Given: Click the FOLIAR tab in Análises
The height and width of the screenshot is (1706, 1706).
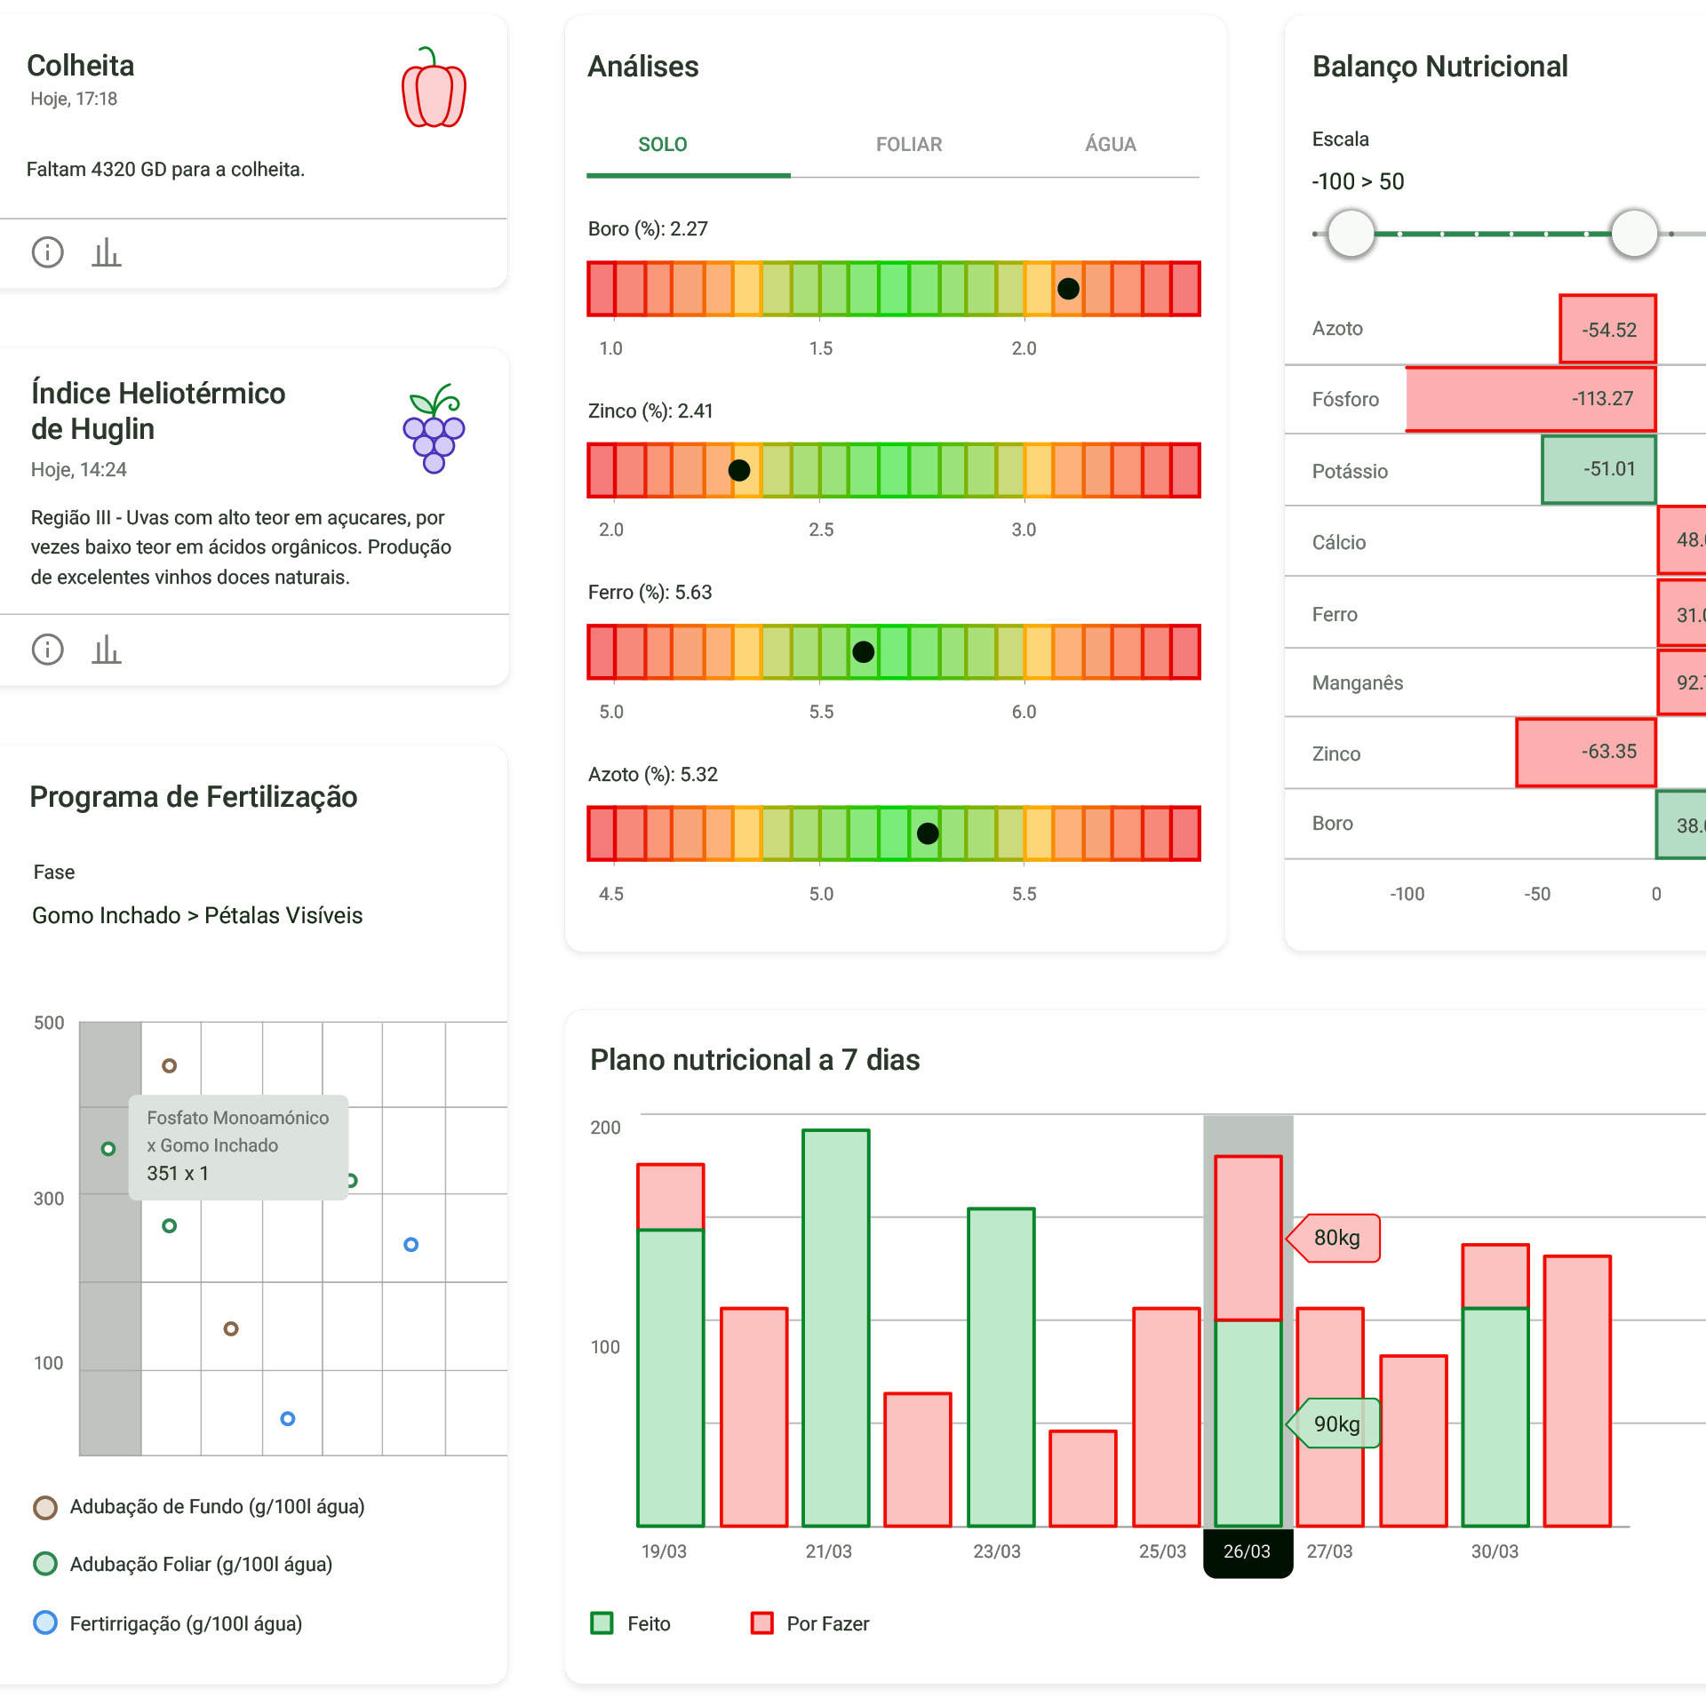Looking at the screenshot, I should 908,144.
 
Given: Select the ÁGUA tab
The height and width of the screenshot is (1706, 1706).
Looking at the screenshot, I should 1110,144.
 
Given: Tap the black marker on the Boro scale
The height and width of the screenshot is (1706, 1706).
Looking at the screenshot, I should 1068,289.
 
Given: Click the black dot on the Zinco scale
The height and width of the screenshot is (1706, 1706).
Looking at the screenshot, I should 738,470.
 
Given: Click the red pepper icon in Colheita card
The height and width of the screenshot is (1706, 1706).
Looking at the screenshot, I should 434,88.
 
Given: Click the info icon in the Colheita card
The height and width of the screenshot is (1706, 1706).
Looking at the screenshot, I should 48,252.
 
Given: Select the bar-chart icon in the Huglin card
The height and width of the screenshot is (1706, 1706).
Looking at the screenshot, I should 107,650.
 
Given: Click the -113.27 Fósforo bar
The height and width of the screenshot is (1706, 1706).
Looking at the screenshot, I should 1530,399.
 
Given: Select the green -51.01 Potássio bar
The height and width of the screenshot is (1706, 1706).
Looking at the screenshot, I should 1598,469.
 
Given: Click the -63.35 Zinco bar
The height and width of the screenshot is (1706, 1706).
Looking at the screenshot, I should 1585,752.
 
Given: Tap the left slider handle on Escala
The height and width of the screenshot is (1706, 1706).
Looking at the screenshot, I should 1351,234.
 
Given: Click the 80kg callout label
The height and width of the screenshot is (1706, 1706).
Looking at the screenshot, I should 1335,1238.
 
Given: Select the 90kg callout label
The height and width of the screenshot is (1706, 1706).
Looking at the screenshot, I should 1335,1423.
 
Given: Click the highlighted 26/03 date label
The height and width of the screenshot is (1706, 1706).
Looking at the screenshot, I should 1247,1551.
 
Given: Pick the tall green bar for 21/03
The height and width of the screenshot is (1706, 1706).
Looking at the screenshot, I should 835,1327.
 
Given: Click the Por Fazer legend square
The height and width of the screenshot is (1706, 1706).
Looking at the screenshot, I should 761,1623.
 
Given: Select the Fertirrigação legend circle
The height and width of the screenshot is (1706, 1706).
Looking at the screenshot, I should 45,1623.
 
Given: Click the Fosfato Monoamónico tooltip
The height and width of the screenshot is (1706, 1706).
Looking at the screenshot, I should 238,1146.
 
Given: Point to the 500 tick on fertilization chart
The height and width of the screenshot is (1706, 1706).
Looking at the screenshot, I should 49,1023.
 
